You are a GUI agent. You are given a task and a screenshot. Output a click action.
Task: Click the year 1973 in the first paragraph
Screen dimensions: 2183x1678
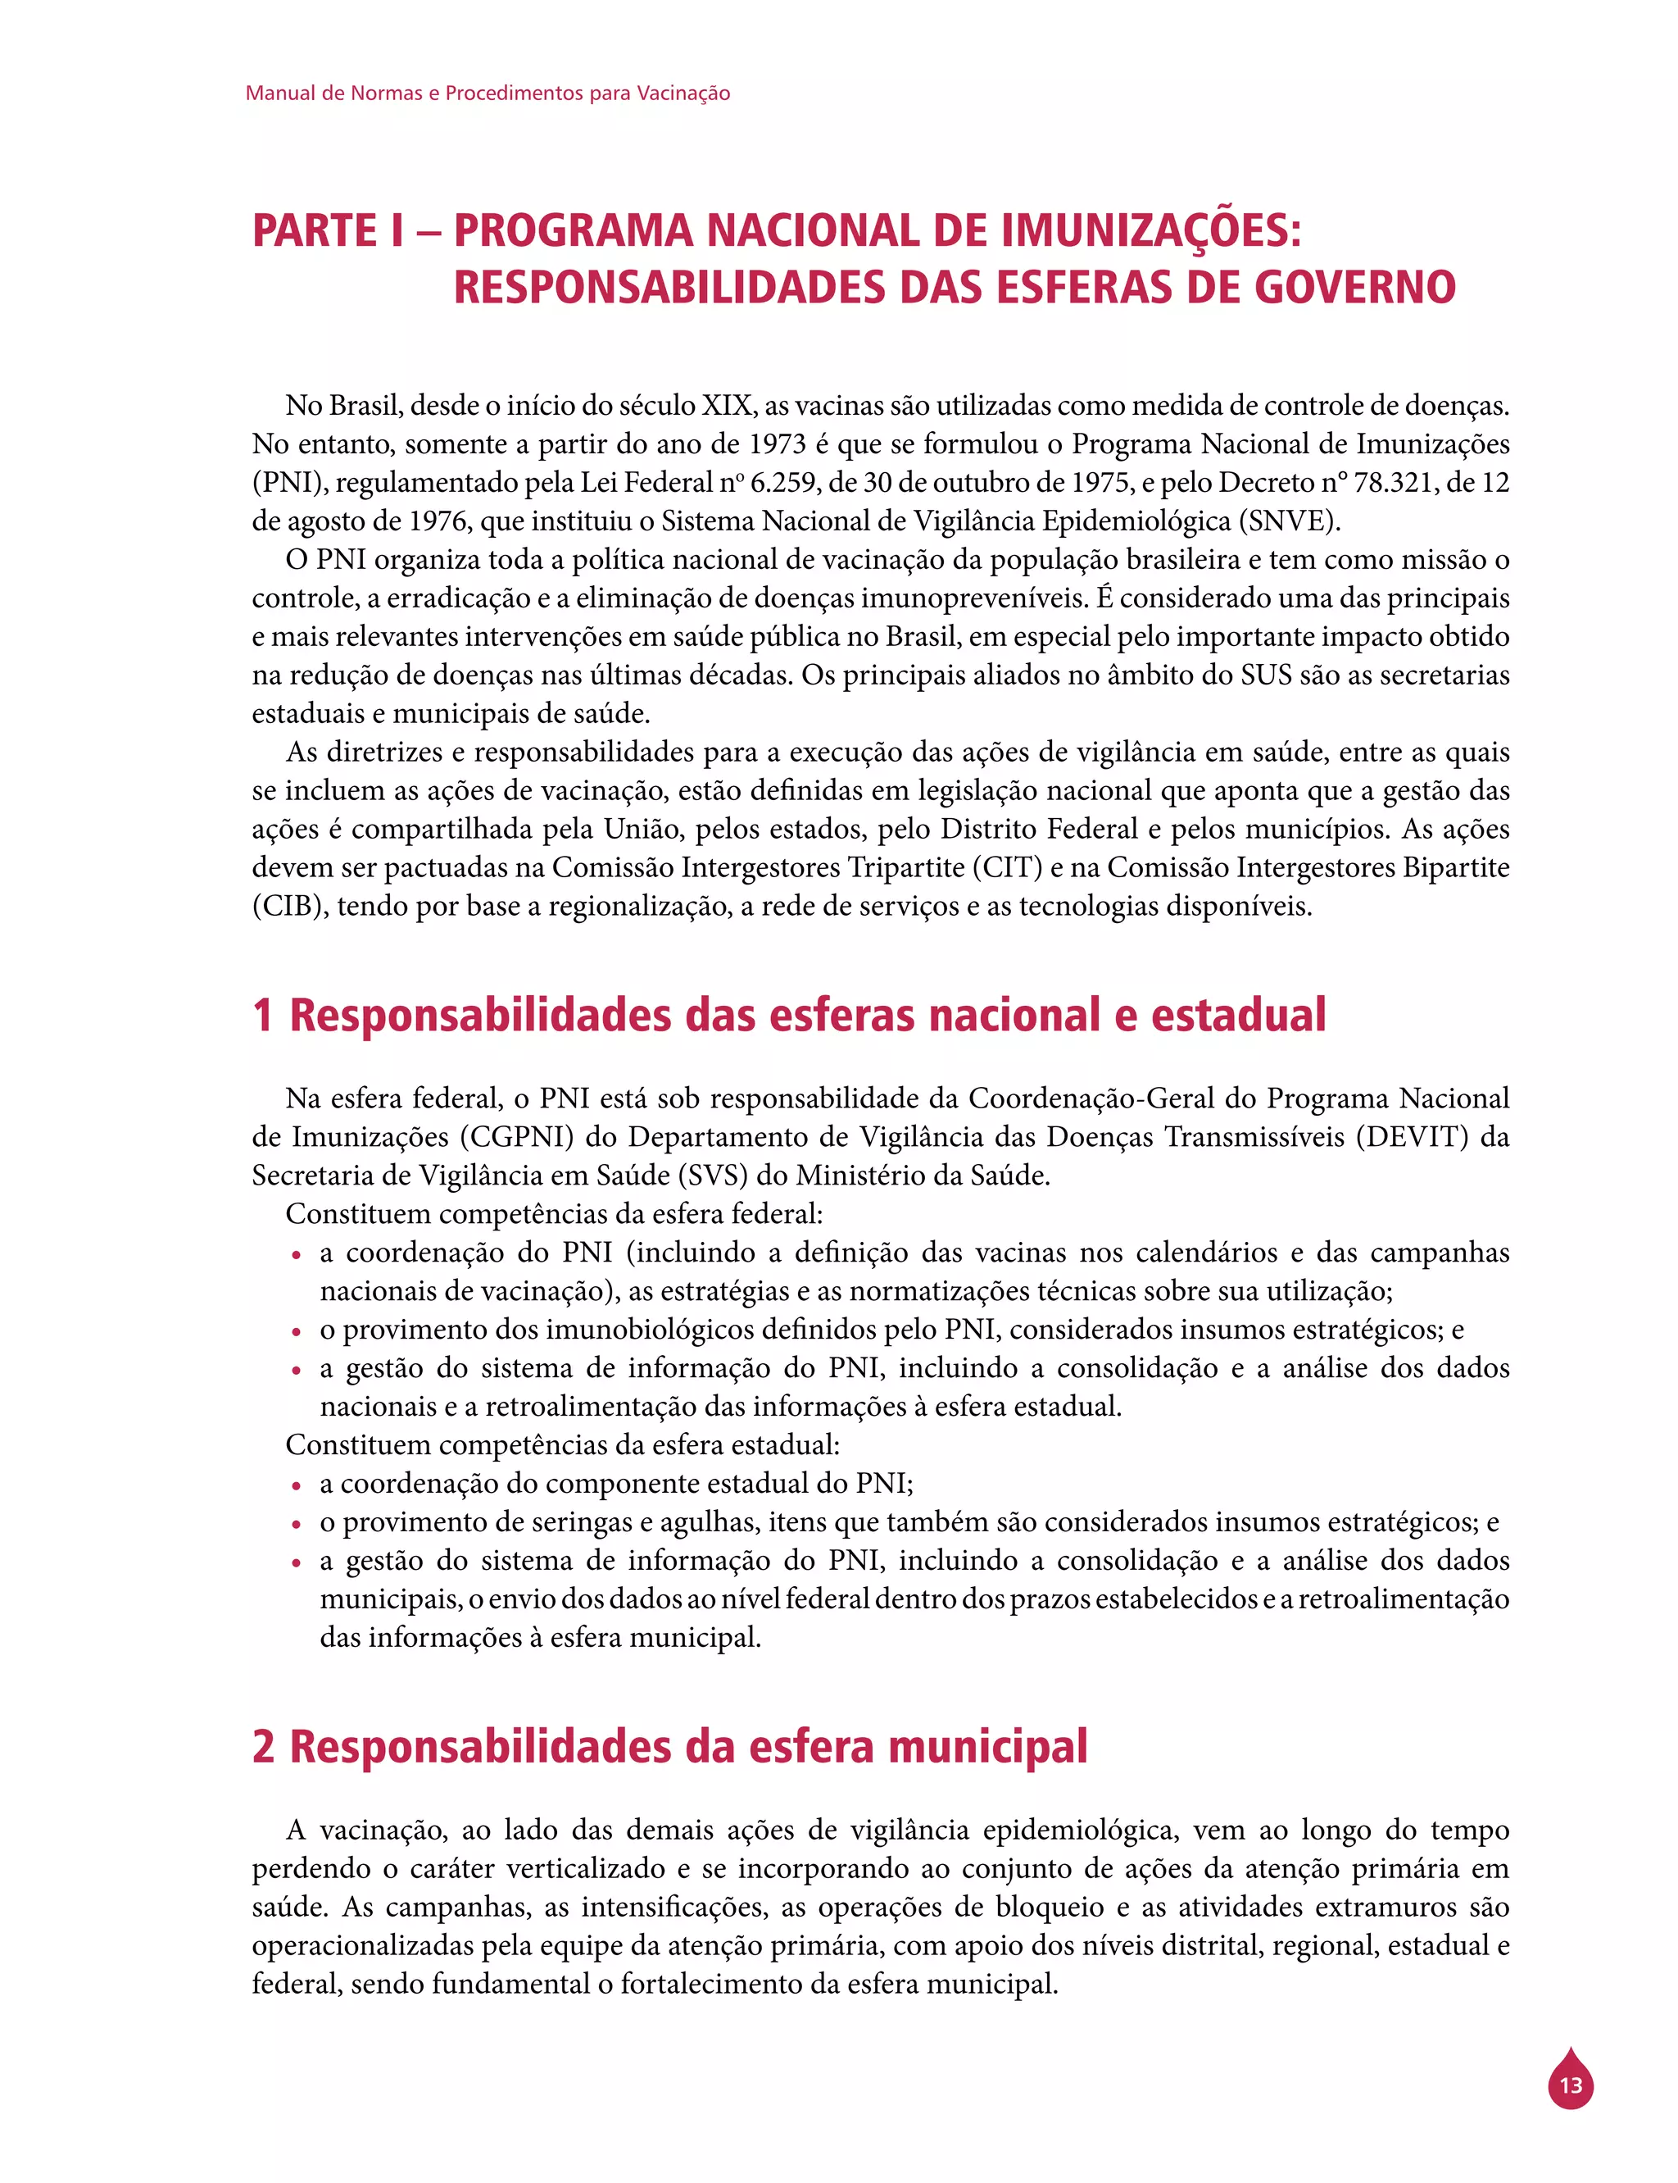[778, 444]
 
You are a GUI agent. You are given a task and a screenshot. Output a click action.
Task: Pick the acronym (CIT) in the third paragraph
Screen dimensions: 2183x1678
[1009, 867]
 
